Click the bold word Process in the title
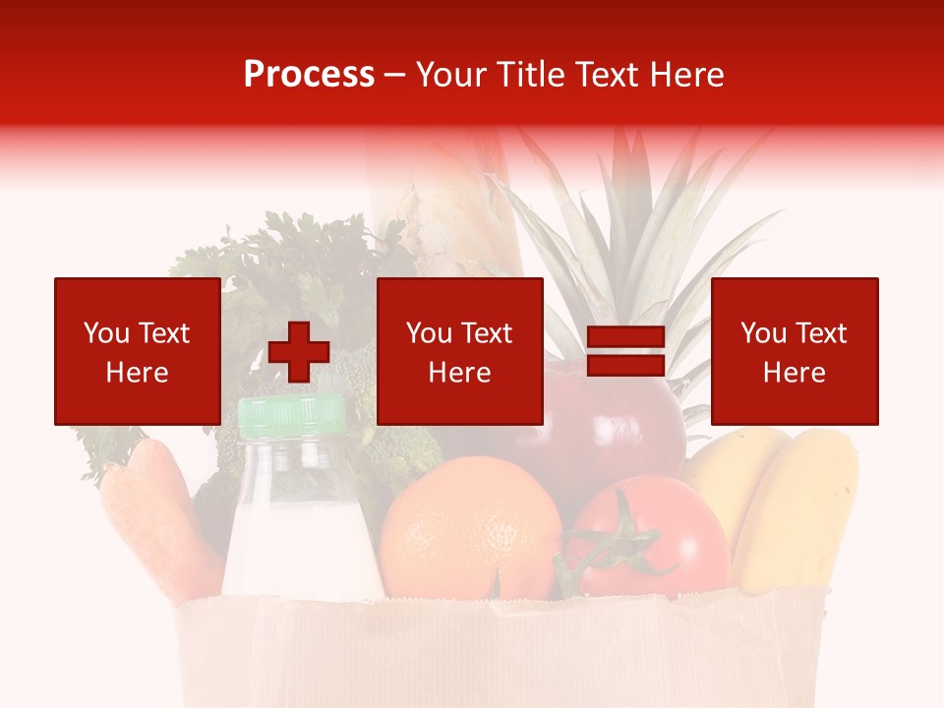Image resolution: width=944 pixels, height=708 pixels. pos(309,75)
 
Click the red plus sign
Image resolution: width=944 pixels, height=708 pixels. pos(299,352)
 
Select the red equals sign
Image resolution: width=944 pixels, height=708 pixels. pos(626,352)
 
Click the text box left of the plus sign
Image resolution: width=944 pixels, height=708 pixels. pos(137,351)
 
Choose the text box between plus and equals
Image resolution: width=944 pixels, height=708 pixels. pos(459,351)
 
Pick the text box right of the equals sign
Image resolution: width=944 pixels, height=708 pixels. pos(794,351)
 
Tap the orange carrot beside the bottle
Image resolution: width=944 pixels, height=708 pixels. pos(157,511)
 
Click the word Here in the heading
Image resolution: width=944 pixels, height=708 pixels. pos(688,75)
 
